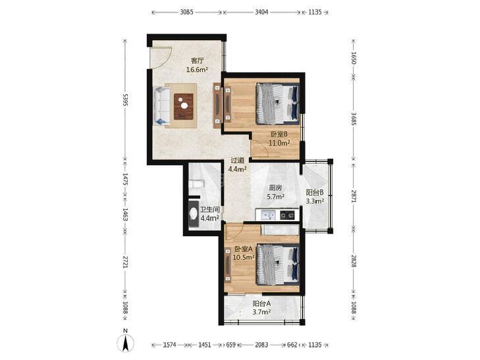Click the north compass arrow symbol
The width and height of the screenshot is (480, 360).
click(126, 343)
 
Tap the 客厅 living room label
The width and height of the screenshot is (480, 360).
click(197, 61)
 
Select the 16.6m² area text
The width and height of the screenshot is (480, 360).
click(197, 70)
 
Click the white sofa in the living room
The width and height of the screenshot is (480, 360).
click(161, 106)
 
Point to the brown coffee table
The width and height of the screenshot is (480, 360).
click(184, 106)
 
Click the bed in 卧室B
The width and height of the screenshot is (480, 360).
click(277, 104)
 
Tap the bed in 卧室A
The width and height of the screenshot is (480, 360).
click(277, 265)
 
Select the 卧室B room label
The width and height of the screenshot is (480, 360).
click(279, 134)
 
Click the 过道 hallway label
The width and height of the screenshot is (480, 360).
click(238, 160)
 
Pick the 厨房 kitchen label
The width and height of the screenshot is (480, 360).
click(275, 188)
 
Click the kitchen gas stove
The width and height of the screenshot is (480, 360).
click(289, 215)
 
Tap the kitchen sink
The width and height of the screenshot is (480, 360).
click(268, 215)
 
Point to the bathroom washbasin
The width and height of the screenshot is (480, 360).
click(194, 213)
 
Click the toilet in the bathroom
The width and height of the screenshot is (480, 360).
click(196, 184)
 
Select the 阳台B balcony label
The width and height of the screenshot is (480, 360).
click(315, 192)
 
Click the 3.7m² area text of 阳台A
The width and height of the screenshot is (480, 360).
click(261, 313)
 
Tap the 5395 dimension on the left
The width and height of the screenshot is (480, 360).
click(124, 100)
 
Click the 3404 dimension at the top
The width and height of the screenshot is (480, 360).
click(262, 13)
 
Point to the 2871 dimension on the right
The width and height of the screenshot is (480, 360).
click(354, 196)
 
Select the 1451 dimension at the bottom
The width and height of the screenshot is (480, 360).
click(205, 345)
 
